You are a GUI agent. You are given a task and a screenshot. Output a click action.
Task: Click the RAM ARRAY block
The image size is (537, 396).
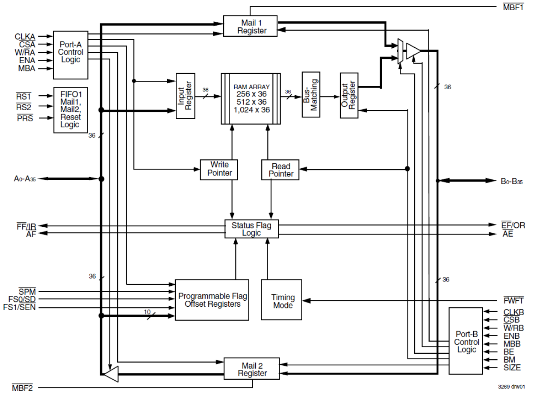click(x=251, y=99)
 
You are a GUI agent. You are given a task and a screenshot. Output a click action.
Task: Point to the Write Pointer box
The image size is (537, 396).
click(x=219, y=169)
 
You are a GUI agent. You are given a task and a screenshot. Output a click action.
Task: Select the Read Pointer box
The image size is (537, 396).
click(x=280, y=169)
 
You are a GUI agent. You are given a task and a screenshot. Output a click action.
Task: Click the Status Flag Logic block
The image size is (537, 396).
click(x=251, y=229)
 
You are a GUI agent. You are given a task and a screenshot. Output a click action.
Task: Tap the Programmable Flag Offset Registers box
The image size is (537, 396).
click(x=212, y=300)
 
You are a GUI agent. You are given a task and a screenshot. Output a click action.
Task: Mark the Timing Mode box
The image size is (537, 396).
click(x=282, y=300)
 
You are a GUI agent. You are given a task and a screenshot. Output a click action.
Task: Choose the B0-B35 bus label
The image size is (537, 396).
click(x=512, y=181)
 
